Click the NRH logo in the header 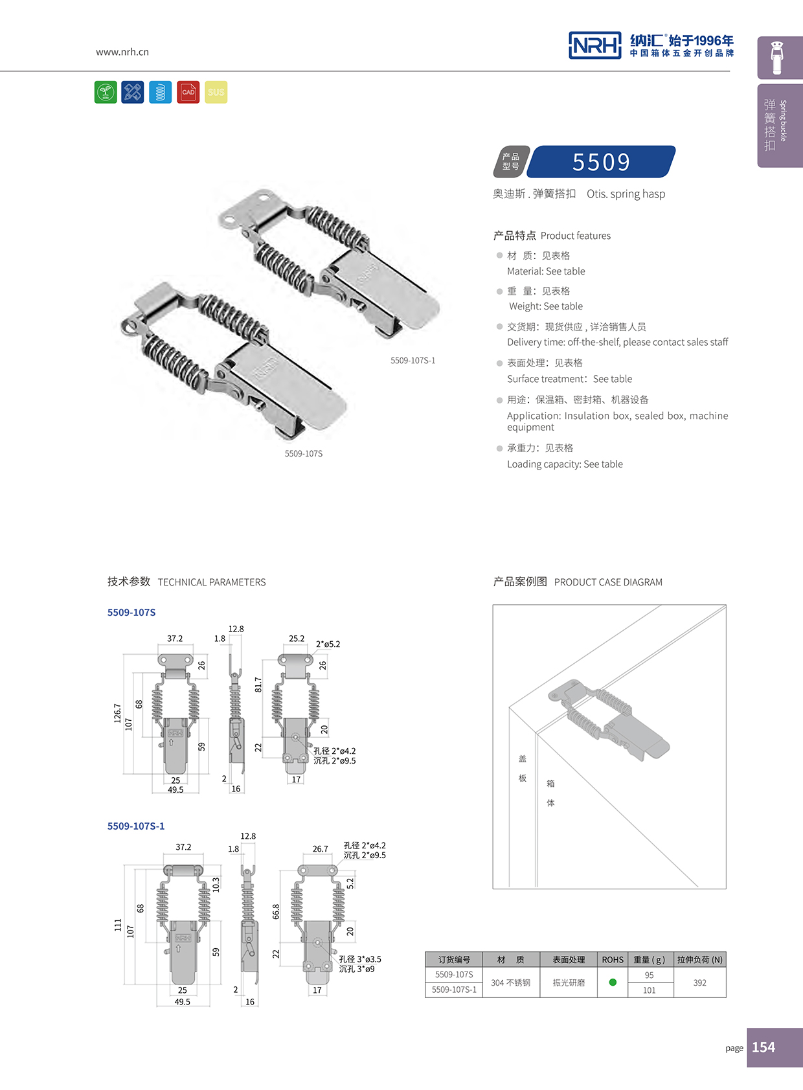coord(594,45)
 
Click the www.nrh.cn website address coord(122,52)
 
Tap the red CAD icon coord(188,93)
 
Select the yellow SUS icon coord(216,93)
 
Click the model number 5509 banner coord(601,162)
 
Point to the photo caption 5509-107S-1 coord(413,361)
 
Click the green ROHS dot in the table coord(613,982)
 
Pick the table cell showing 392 coord(699,982)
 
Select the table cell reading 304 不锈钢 coord(510,982)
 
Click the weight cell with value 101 coord(649,990)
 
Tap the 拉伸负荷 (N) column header coord(699,960)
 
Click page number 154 coord(763,1047)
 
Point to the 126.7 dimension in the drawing coord(117,713)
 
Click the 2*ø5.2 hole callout coord(328,644)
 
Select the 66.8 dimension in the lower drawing coord(276,911)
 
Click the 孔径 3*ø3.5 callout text coord(360,959)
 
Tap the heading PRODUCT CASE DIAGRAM coord(608,582)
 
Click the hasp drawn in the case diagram coord(609,719)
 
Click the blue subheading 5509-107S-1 coord(136,826)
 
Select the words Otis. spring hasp coord(626,194)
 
